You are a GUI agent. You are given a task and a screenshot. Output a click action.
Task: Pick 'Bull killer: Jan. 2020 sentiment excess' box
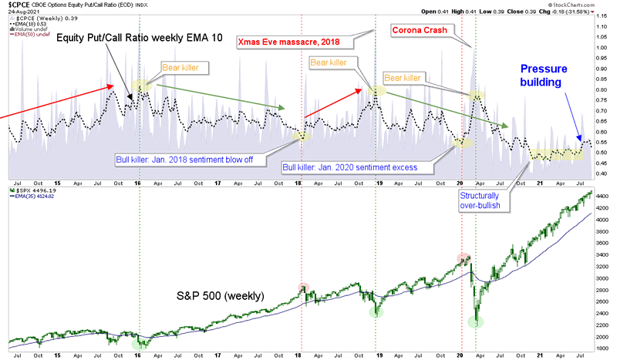349,167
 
